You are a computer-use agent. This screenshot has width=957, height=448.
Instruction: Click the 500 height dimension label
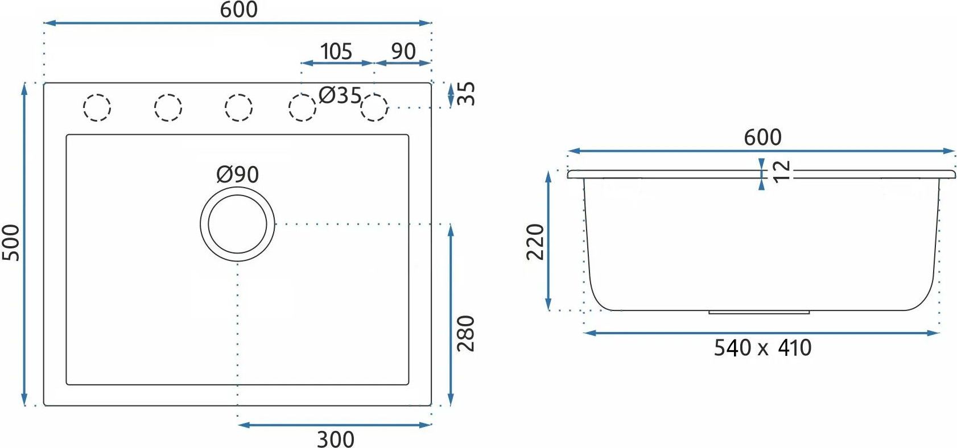(x=11, y=243)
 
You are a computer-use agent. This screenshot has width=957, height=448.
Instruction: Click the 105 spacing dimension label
(x=336, y=52)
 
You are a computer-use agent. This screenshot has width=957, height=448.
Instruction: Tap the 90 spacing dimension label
(x=403, y=52)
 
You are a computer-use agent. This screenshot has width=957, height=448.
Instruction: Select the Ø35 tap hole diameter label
(x=340, y=96)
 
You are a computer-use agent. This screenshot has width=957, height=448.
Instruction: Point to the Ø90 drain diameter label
(x=237, y=174)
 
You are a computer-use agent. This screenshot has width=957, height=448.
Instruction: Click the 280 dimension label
(x=465, y=334)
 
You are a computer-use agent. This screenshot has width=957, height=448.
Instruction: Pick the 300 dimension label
(x=336, y=439)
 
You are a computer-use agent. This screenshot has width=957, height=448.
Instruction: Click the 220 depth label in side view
(x=535, y=242)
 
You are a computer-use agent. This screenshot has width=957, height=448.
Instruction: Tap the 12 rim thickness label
(x=781, y=172)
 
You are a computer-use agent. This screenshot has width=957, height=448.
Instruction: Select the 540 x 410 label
(x=762, y=347)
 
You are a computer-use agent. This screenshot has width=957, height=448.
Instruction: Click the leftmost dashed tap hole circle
(x=97, y=107)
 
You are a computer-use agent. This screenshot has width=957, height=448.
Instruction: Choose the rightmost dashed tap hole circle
(x=374, y=107)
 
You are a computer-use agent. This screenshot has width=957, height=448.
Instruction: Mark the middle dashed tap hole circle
(x=238, y=107)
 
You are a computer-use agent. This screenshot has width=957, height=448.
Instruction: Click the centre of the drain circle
(x=237, y=224)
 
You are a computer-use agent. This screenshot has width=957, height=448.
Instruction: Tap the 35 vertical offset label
(x=465, y=94)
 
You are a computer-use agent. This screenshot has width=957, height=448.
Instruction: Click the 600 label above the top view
(x=239, y=10)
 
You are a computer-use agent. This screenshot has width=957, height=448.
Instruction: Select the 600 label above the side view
(x=762, y=138)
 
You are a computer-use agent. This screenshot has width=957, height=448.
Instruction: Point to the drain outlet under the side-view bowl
(x=759, y=313)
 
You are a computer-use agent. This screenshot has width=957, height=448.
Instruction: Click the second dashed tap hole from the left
(x=168, y=107)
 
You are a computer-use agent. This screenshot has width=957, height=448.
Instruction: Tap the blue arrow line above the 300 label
(x=335, y=425)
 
